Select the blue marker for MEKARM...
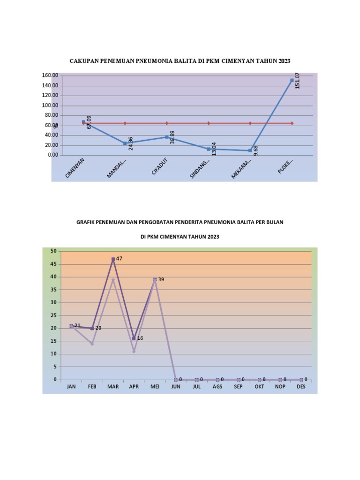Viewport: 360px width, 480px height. (250, 150)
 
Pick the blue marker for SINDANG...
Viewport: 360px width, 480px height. (209, 149)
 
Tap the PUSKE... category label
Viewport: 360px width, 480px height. (285, 166)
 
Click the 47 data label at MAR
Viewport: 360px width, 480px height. (119, 259)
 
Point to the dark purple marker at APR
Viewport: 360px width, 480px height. (134, 338)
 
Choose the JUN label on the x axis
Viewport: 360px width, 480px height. (175, 387)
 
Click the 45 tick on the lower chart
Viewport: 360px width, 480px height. (53, 264)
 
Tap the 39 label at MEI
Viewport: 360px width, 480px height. (161, 279)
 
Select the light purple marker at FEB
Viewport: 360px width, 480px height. (92, 344)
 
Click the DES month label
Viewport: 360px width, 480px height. (301, 387)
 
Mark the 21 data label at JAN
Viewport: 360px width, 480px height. (78, 326)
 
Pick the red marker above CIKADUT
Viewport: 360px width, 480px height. (166, 123)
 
